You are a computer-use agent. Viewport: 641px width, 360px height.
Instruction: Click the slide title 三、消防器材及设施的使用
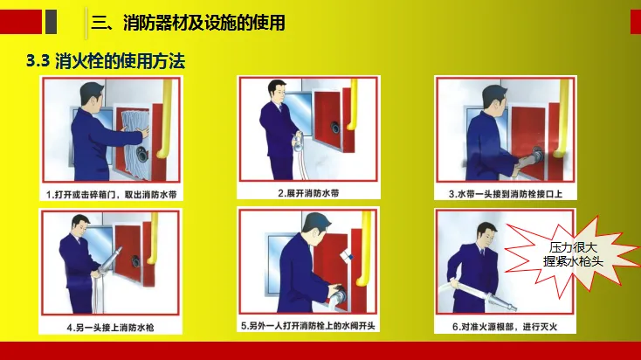tap(188, 23)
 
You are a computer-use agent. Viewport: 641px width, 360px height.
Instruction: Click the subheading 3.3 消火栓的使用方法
tap(106, 61)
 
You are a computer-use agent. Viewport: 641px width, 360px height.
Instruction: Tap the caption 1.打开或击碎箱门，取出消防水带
tap(111, 194)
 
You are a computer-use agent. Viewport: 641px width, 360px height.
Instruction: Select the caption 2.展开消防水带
tap(308, 193)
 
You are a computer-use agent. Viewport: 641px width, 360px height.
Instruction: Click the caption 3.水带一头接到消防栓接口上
tap(506, 194)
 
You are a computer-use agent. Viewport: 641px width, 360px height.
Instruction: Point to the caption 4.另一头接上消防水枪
tap(110, 328)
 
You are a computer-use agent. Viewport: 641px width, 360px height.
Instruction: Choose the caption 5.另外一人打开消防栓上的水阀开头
tap(307, 326)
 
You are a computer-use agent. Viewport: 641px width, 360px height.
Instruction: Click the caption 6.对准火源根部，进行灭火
tap(505, 327)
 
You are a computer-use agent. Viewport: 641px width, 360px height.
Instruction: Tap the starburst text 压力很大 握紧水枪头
tap(573, 254)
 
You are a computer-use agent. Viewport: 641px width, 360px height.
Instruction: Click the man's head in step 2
tap(277, 91)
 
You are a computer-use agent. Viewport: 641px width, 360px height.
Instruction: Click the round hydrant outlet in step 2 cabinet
tap(335, 128)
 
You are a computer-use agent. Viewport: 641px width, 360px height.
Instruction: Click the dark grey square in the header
tap(52, 22)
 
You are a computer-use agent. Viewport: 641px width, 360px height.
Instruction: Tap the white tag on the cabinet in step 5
tap(347, 255)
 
